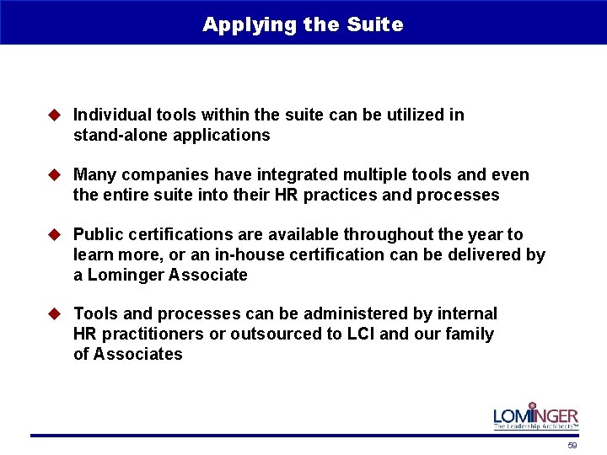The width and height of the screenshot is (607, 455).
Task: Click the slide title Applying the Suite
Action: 303,24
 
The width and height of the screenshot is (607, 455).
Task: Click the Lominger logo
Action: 535,416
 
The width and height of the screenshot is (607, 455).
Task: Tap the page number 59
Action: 572,445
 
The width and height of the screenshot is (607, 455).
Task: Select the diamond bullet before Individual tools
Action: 56,115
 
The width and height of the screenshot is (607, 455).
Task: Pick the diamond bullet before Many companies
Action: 56,175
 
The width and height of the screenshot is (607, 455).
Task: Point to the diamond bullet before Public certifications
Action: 56,234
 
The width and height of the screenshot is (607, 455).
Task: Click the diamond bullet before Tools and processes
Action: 56,313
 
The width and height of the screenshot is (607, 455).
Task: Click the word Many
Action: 94,175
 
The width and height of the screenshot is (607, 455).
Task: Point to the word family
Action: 468,334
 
